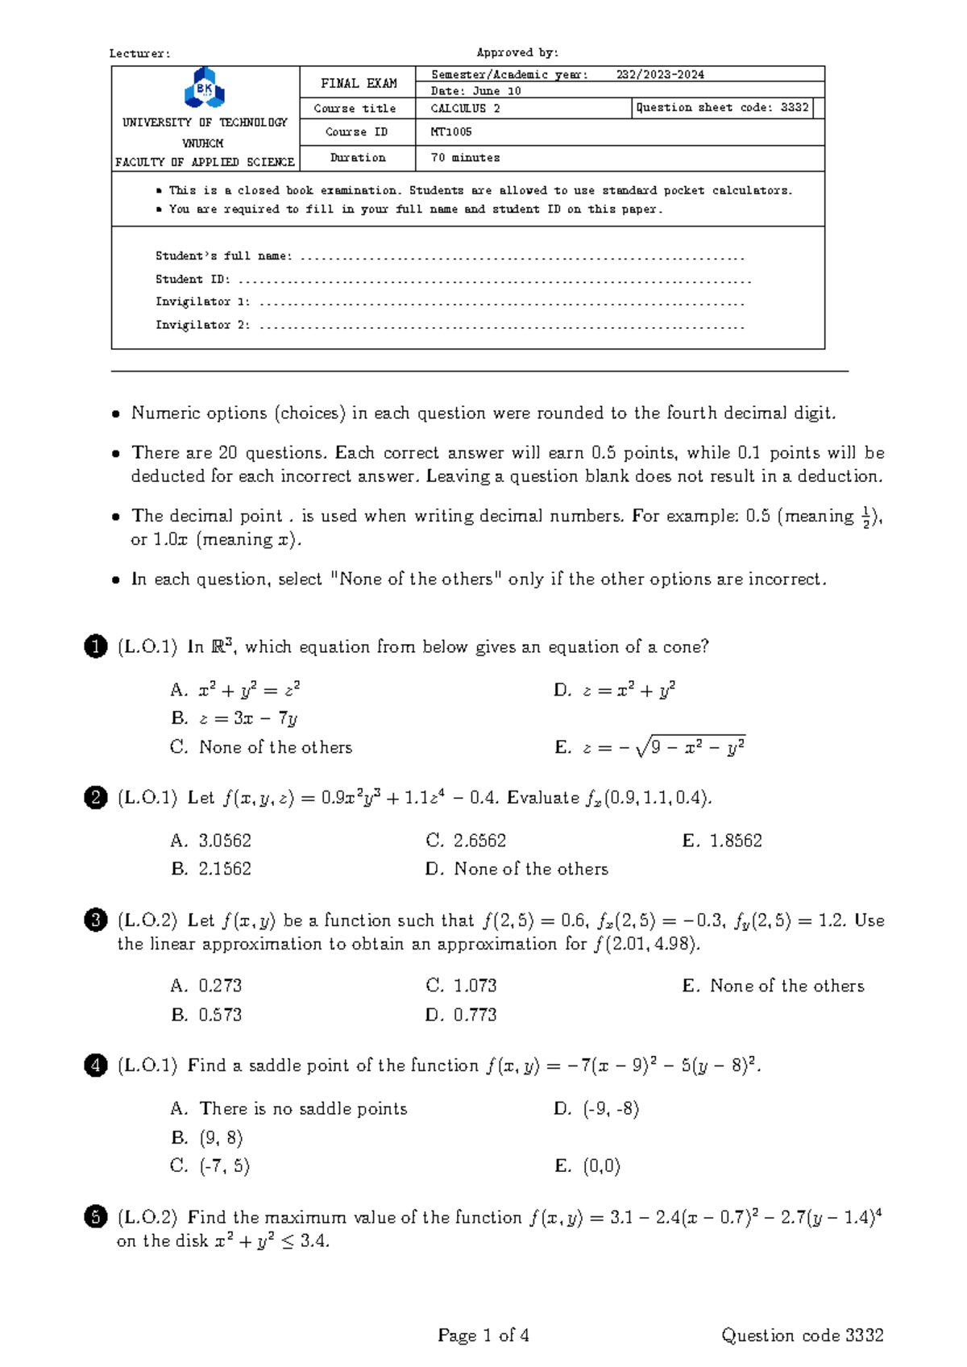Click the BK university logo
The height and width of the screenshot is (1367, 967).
[x=204, y=88]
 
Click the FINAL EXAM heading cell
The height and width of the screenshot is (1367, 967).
[x=359, y=83]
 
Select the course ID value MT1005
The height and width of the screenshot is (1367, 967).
[x=451, y=132]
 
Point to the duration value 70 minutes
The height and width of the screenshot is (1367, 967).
[x=465, y=158]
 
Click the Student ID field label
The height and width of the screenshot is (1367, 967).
[x=193, y=279]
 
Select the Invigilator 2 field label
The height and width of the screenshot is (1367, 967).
[x=202, y=325]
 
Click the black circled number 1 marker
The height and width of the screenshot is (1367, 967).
[x=95, y=646]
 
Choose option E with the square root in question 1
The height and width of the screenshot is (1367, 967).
[x=650, y=747]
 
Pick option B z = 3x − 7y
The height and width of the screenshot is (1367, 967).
[x=234, y=718]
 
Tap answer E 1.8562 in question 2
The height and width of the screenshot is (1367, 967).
[x=722, y=841]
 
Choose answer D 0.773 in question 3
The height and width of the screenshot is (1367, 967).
[x=462, y=1015]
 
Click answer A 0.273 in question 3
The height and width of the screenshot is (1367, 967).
[x=207, y=986]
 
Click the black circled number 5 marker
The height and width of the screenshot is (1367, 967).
[x=95, y=1217]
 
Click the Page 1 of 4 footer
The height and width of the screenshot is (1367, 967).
[x=483, y=1336]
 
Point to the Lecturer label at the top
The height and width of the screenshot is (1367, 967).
[x=139, y=54]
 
